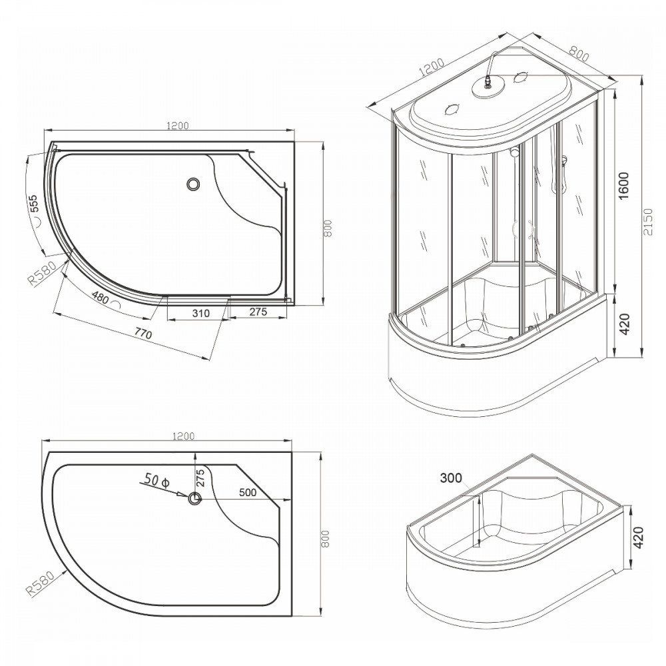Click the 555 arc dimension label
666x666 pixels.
point(35,202)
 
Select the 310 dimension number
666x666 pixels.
point(200,312)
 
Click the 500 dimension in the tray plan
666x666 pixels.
point(248,494)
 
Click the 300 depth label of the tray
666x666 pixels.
point(451,478)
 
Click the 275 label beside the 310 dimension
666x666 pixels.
point(260,312)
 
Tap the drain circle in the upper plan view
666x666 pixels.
point(194,183)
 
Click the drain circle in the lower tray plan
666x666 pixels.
point(194,498)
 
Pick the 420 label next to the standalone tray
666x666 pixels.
point(638,537)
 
